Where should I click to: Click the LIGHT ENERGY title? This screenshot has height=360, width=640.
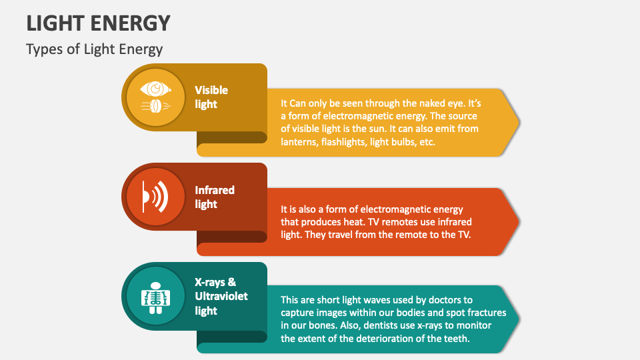pyautogui.click(x=99, y=23)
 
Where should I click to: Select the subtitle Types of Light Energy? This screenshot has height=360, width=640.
pyautogui.click(x=94, y=49)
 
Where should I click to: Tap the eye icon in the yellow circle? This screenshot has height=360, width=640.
pyautogui.click(x=155, y=97)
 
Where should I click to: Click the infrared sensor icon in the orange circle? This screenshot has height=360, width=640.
pyautogui.click(x=155, y=197)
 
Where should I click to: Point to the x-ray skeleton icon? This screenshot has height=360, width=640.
pyautogui.click(x=155, y=298)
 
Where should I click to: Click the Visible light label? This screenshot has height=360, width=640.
pyautogui.click(x=211, y=97)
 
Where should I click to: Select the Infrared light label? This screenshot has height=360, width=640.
pyautogui.click(x=214, y=197)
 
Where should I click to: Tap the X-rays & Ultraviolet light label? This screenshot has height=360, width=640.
pyautogui.click(x=221, y=296)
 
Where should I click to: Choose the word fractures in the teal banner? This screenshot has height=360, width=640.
pyautogui.click(x=487, y=313)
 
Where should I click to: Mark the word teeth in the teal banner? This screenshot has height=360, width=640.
pyautogui.click(x=457, y=339)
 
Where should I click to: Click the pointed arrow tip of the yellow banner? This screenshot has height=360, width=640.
pyautogui.click(x=519, y=122)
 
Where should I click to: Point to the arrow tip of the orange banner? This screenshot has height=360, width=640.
pyautogui.click(x=519, y=222)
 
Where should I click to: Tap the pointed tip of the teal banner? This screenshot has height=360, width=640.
pyautogui.click(x=519, y=319)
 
